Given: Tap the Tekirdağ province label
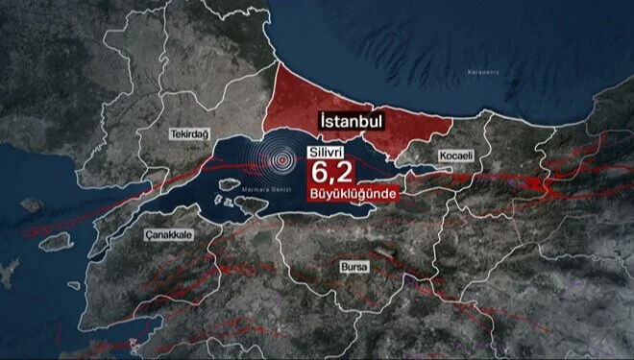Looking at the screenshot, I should click(161, 134).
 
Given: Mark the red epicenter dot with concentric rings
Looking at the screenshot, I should click(281, 160).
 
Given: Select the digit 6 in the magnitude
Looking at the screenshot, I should click(318, 173).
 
